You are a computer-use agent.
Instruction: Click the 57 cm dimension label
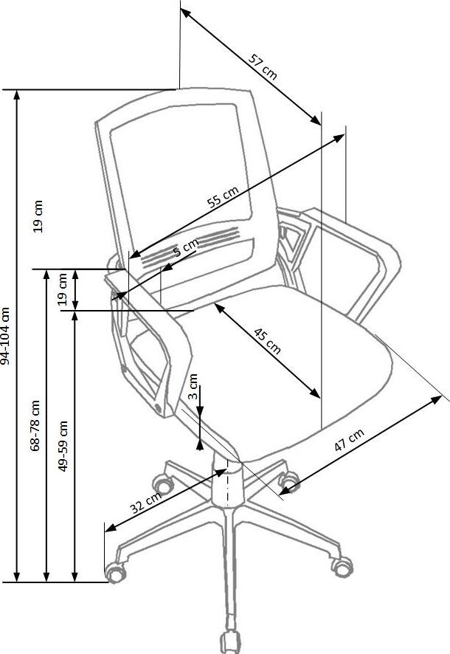(263, 66)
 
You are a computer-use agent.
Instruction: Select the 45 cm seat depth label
(267, 339)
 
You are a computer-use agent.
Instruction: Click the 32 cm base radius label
(145, 503)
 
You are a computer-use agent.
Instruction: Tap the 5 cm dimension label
(186, 247)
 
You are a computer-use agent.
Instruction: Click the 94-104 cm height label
(7, 336)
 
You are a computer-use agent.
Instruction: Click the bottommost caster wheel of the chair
(230, 641)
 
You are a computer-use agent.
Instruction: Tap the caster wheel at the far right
(342, 564)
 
